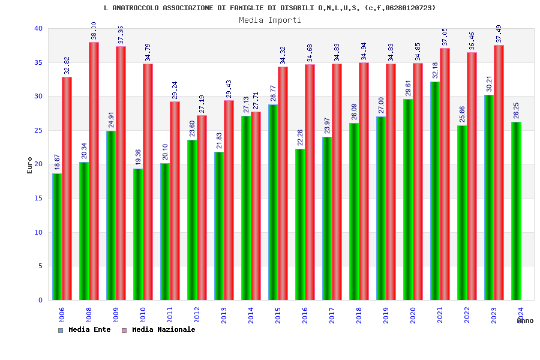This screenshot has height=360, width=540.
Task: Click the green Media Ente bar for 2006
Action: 57,236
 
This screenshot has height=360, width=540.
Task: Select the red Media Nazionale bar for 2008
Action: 94,171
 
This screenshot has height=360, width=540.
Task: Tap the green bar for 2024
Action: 516,211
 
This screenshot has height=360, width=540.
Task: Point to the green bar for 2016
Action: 300,224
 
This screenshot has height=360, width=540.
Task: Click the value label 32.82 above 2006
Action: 67,66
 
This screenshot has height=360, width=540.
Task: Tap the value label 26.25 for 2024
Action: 517,111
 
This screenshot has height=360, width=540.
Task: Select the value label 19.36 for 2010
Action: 138,158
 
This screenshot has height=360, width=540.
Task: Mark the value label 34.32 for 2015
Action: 283,55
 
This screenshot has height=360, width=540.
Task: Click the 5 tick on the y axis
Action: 40,266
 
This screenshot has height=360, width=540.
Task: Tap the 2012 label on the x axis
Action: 197,315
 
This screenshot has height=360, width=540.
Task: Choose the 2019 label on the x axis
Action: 386,315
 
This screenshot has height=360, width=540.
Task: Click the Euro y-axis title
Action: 30,165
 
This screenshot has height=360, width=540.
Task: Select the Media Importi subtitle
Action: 270,20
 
